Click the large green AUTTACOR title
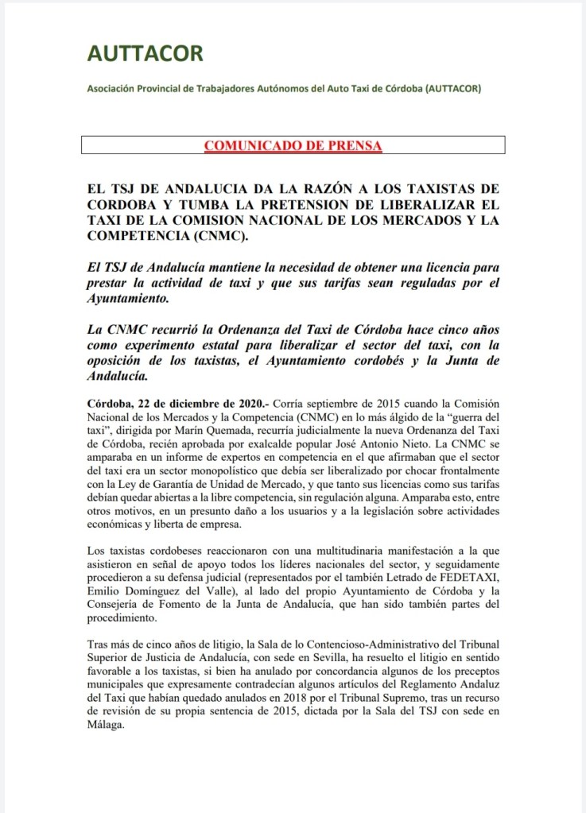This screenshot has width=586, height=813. (145, 54)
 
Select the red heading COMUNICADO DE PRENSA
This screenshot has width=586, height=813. (293, 146)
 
